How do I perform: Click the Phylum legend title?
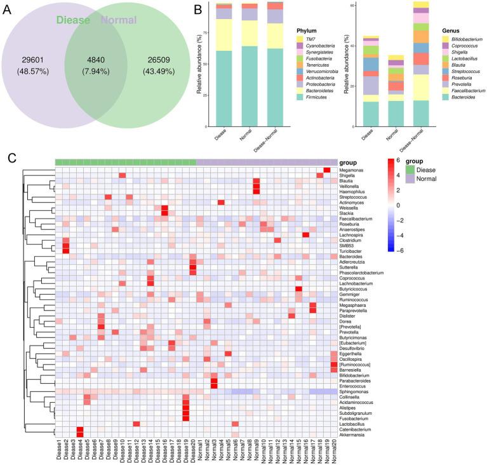pos(307,30)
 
